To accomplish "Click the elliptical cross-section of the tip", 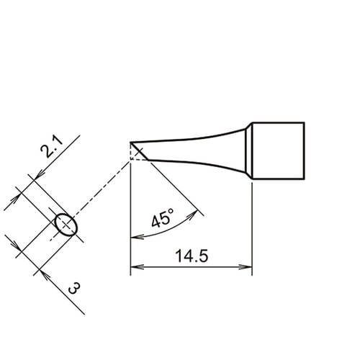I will pos(66,225).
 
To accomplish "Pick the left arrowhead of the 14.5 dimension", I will pos(135,268).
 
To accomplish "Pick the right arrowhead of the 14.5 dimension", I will pos(248,268).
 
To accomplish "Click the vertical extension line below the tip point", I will pos(130,216).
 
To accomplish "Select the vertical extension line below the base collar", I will pos(252,230).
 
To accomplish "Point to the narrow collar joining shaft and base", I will pos(248,152).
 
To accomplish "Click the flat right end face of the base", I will pos(305,152).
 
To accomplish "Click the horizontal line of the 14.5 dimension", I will pos(192,268).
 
